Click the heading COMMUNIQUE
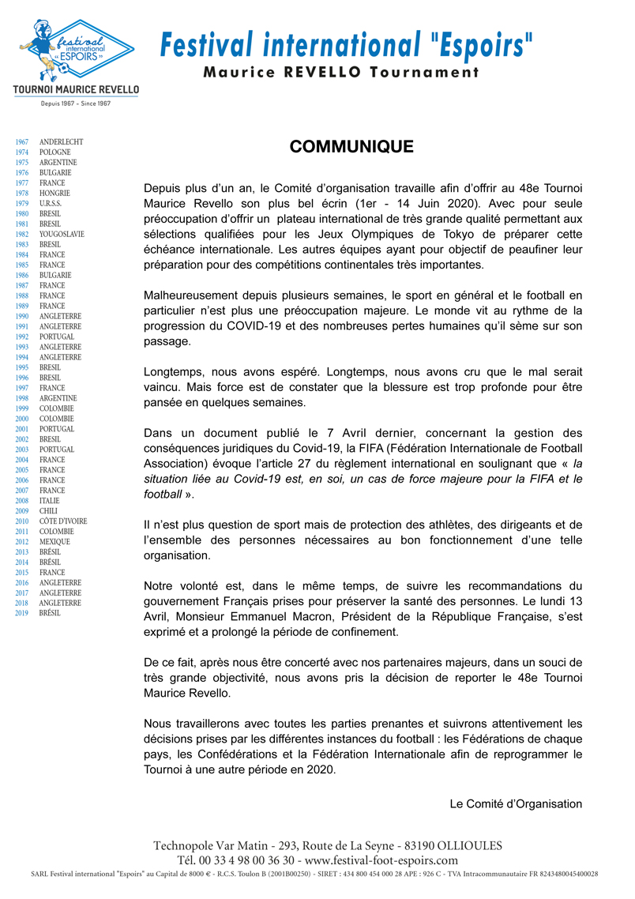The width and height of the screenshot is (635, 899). click(x=351, y=148)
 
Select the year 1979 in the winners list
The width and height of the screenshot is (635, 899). click(x=22, y=204)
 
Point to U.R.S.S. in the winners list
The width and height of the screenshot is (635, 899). click(x=52, y=204)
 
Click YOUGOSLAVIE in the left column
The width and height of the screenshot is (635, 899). click(x=62, y=235)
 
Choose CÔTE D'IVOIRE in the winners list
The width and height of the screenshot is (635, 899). click(x=63, y=521)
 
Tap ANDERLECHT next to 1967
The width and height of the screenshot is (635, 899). click(x=61, y=142)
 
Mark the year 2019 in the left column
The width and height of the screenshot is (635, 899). click(x=22, y=613)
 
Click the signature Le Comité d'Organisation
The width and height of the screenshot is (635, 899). click(x=516, y=804)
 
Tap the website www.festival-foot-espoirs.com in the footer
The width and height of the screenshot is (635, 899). click(x=381, y=860)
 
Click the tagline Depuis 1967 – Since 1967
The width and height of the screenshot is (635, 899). click(x=76, y=103)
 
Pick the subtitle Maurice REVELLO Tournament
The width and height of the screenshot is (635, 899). click(x=341, y=73)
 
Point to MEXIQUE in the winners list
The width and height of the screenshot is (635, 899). click(x=54, y=542)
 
